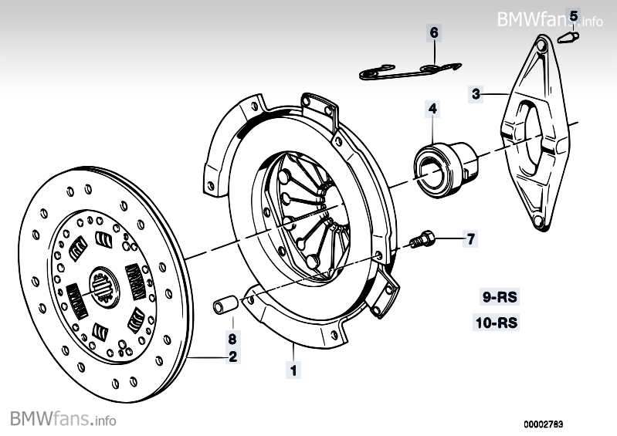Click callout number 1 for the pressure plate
click(x=293, y=370)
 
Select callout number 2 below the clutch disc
click(x=232, y=357)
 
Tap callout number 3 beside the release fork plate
click(x=476, y=95)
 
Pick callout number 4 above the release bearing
click(x=433, y=110)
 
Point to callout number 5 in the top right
click(x=573, y=15)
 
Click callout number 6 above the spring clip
click(x=433, y=32)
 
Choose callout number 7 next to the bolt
click(x=470, y=238)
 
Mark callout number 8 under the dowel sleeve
click(x=232, y=338)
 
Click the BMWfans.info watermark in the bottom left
click(x=63, y=420)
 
